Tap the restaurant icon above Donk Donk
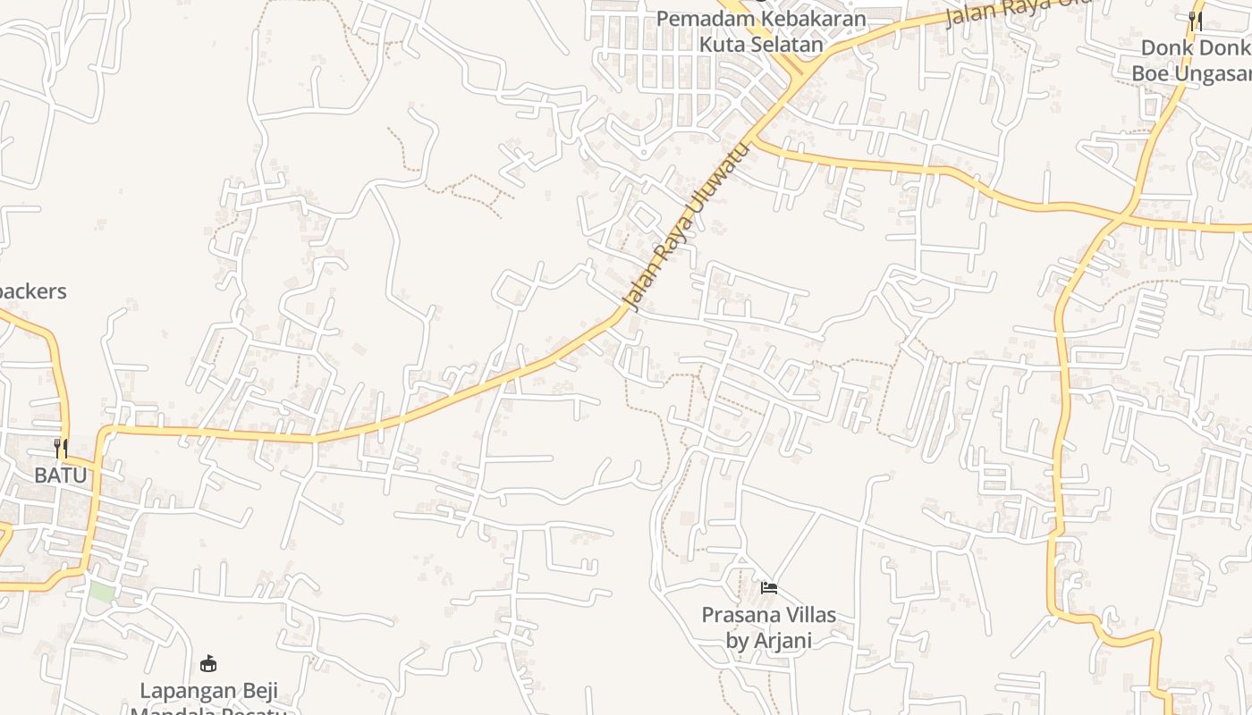coord(1195,21)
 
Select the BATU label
coord(61,475)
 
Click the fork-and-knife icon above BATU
coord(61,448)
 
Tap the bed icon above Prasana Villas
coord(768,588)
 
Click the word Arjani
coord(782,640)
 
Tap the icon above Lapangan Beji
coord(208,663)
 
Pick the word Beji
coord(257,691)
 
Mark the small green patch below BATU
coord(102,591)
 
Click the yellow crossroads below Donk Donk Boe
coord(1120,217)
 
